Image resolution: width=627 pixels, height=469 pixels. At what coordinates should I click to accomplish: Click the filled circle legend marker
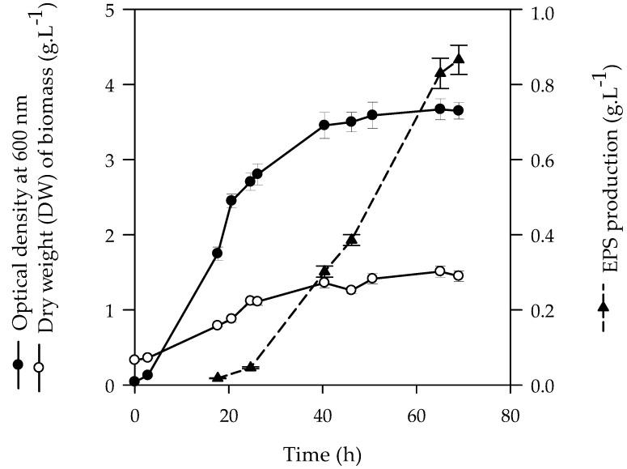tap(19, 364)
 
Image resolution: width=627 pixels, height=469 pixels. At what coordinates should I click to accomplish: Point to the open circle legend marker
tap(38, 366)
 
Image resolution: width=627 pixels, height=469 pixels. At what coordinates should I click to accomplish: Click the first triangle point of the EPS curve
tap(217, 377)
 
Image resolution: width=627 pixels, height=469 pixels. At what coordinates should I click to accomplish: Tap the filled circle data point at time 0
tap(134, 382)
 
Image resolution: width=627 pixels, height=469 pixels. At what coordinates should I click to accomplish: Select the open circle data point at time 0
tap(134, 360)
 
